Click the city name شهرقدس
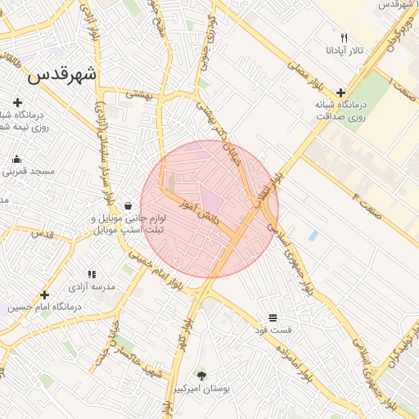coord(62,74)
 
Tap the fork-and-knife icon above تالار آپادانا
coord(345,38)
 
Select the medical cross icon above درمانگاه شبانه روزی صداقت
coord(340,92)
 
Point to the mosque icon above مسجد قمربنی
coord(17,159)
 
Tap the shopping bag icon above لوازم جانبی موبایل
coord(128,205)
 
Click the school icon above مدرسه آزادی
coord(92,274)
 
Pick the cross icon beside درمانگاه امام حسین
coord(44,293)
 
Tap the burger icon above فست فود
coord(273,317)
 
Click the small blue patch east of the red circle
coord(313,236)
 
